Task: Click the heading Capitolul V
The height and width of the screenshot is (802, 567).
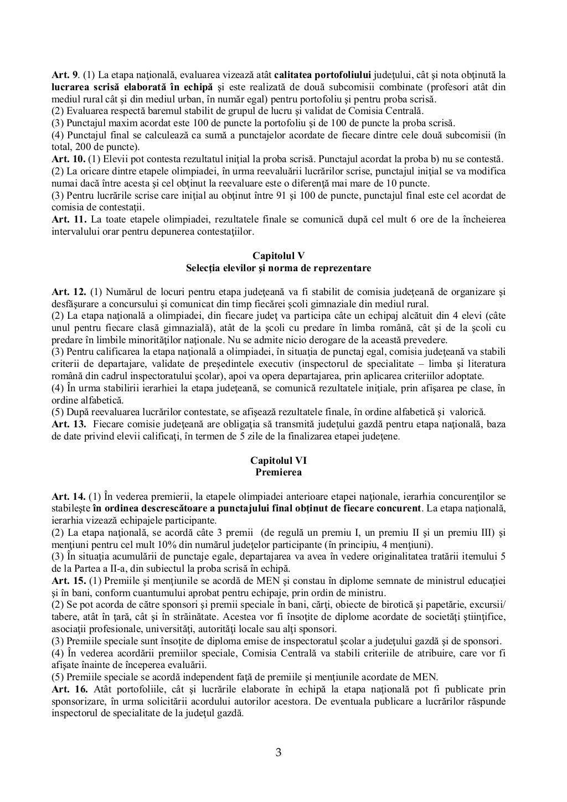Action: pyautogui.click(x=279, y=255)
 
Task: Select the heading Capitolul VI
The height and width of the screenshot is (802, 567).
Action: pyautogui.click(x=279, y=460)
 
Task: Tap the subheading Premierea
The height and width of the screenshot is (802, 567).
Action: pyautogui.click(x=279, y=472)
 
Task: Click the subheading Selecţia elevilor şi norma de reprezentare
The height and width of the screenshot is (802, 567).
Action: pyautogui.click(x=279, y=267)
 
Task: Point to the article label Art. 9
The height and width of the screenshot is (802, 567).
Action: pyautogui.click(x=64, y=74)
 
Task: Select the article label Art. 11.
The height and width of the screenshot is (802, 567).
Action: pyautogui.click(x=66, y=219)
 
